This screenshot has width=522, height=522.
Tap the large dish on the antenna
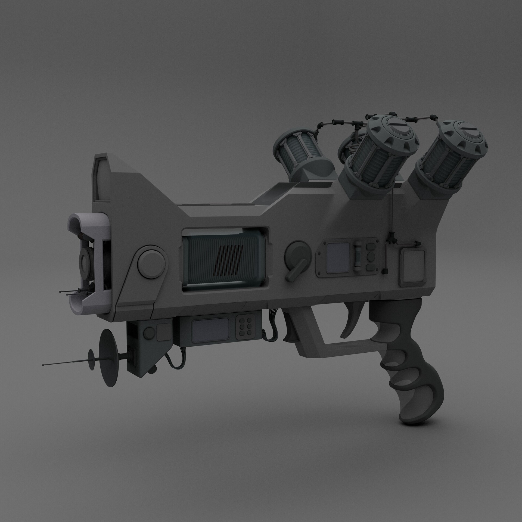point(108,356)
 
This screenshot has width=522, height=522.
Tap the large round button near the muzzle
point(151,259)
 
